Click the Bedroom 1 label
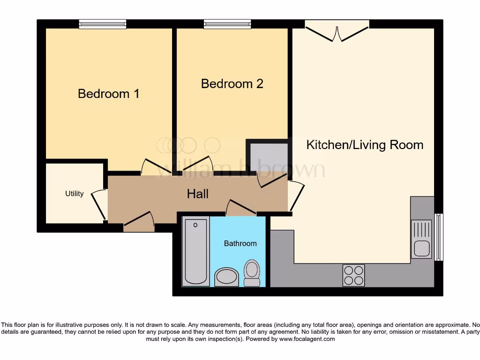tap(108, 94)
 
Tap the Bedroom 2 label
tap(232, 83)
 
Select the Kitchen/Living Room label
tap(365, 144)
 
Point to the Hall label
tap(197, 194)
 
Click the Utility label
tap(74, 194)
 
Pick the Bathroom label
tap(240, 243)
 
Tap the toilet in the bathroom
tap(252, 273)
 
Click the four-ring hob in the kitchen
tap(353, 275)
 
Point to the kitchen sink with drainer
tap(421, 239)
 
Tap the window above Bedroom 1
tap(102, 24)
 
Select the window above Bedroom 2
tap(227, 24)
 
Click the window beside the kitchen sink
tap(439, 237)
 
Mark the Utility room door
tap(99, 204)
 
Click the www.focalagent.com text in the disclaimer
tap(307, 339)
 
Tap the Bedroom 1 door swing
tap(152, 166)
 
